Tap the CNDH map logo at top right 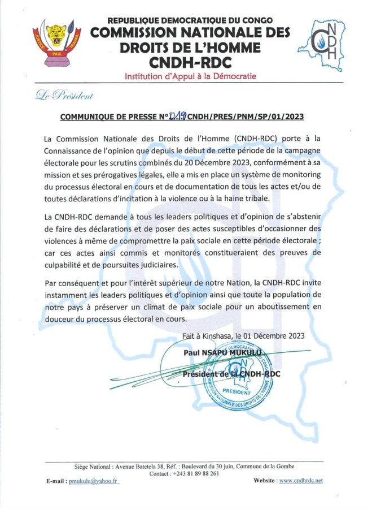333,44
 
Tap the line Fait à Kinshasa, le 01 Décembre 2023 243,335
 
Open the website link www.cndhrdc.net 301,480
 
